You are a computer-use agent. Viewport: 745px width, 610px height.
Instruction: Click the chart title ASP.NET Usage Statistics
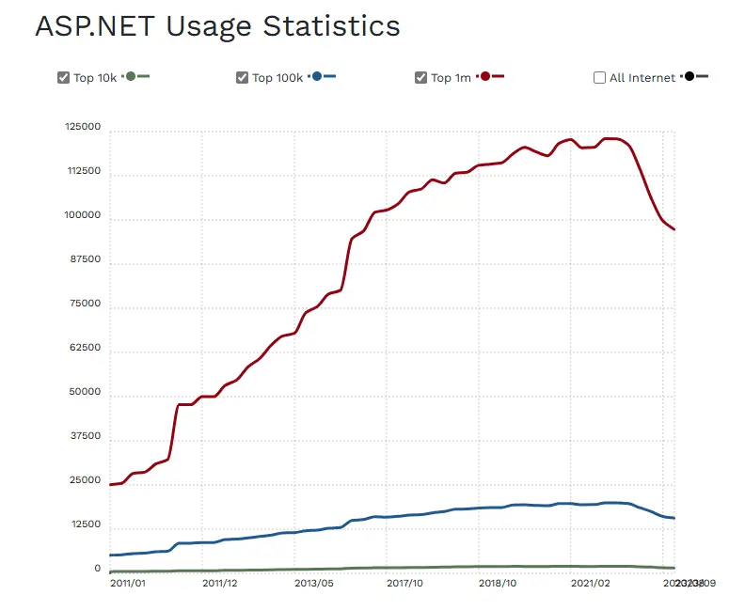pos(217,26)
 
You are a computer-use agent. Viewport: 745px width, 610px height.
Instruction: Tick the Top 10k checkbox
pos(64,78)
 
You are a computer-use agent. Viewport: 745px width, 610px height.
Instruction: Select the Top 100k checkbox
pos(243,78)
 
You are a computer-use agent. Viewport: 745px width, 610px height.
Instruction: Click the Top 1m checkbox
pos(421,78)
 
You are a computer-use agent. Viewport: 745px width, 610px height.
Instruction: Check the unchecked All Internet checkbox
pos(600,78)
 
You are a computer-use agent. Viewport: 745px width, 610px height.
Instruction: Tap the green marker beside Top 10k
pos(131,76)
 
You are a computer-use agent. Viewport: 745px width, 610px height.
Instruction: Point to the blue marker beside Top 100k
pos(318,76)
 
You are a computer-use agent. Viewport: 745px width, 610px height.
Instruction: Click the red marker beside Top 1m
pos(485,76)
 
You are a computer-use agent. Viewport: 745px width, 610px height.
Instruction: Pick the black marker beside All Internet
pos(690,76)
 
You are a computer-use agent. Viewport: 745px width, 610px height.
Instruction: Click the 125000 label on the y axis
pos(83,128)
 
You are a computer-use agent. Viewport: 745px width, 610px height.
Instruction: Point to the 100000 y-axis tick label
pos(83,216)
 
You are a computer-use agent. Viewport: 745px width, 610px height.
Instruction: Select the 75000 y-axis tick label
pos(86,305)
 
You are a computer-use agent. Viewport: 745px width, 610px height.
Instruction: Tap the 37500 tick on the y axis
pos(86,437)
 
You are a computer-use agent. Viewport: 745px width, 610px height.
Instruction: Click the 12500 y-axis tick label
pos(86,524)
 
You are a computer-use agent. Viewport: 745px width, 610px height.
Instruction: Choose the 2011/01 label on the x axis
pos(128,584)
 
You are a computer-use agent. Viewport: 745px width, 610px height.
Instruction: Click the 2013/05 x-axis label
pos(314,584)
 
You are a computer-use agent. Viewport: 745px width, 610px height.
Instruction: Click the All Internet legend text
pos(642,78)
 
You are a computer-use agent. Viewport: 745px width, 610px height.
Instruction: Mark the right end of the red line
pos(674,229)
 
